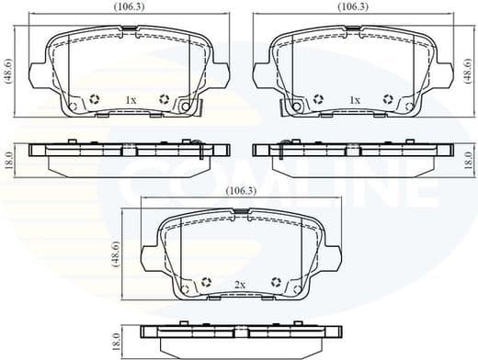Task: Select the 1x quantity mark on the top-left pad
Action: [x=131, y=99]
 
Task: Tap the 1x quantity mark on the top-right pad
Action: [x=354, y=99]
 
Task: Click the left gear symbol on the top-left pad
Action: [x=97, y=99]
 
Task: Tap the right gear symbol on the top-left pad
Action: [x=165, y=99]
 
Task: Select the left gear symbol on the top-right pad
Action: [x=318, y=99]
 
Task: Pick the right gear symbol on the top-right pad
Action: [x=387, y=99]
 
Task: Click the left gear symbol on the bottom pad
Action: [x=207, y=283]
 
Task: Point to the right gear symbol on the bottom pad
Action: [x=276, y=283]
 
